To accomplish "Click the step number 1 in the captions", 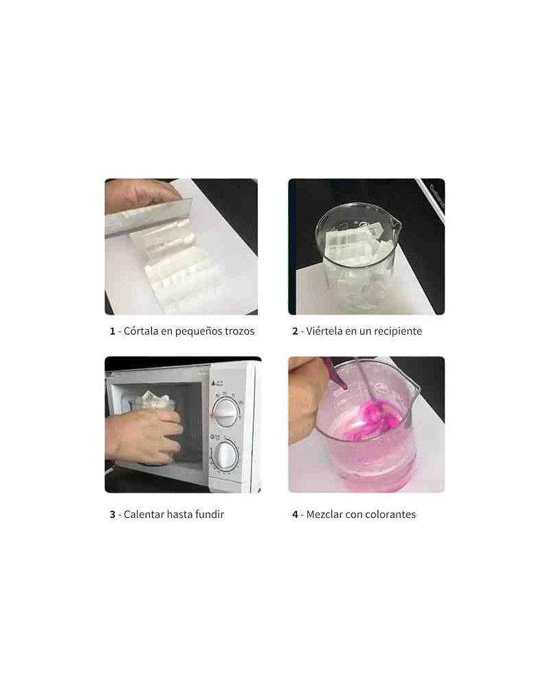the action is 112,331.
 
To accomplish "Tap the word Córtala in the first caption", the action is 141,330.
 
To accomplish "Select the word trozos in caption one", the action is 239,331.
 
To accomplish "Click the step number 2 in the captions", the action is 295,331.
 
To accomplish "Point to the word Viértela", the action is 324,330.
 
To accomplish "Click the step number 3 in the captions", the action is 112,515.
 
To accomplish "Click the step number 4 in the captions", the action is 295,515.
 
